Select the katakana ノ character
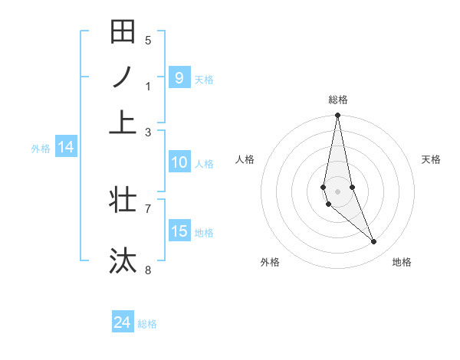[123, 77]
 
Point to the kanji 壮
[123, 200]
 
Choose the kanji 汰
[123, 260]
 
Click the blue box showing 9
[179, 77]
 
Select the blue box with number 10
[179, 162]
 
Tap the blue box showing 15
[179, 231]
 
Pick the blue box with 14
[66, 147]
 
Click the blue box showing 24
[123, 322]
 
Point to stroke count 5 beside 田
[148, 41]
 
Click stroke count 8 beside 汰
[148, 270]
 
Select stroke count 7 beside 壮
[148, 208]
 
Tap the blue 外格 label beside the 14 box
[41, 149]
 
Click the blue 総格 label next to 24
[147, 324]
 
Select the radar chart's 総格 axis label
[337, 100]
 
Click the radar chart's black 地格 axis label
[402, 262]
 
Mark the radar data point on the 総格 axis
[337, 116]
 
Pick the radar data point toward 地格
[374, 242]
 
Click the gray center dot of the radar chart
[337, 191]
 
